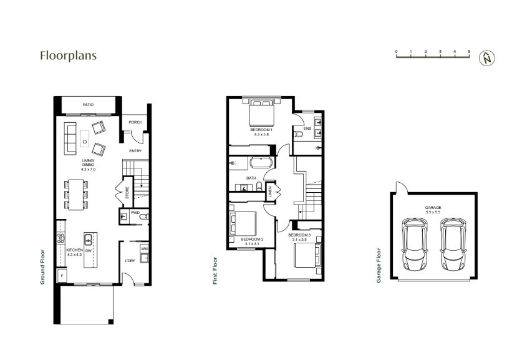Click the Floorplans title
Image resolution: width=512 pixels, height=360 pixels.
(68, 56)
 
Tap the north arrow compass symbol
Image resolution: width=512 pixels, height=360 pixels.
(486, 58)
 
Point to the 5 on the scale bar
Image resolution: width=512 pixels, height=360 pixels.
(470, 52)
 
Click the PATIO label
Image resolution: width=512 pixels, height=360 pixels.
(87, 105)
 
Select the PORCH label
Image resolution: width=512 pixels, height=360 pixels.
(135, 122)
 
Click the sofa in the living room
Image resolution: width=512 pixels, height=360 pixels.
(70, 139)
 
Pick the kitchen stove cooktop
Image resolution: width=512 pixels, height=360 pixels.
(62, 238)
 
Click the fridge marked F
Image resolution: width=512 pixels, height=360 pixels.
(62, 275)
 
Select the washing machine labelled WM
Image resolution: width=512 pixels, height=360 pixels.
(144, 249)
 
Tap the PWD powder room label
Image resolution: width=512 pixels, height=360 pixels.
(135, 212)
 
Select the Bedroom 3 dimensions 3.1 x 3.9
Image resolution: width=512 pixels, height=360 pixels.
(300, 240)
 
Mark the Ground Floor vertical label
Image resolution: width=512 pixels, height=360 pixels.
(44, 266)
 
